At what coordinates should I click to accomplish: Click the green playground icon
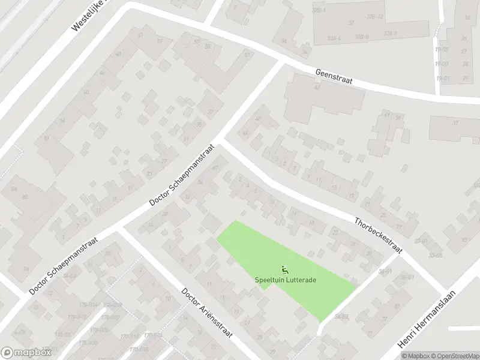click(284, 269)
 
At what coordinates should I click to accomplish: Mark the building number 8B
click(25, 196)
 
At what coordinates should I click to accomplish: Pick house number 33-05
click(436, 256)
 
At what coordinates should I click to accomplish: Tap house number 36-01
click(407, 277)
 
